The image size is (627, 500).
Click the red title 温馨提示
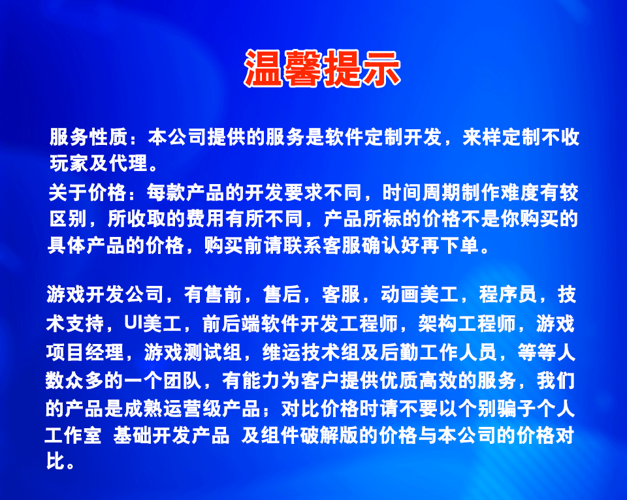point(322,67)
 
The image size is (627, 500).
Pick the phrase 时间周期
point(422,193)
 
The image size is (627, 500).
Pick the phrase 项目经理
point(86,352)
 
